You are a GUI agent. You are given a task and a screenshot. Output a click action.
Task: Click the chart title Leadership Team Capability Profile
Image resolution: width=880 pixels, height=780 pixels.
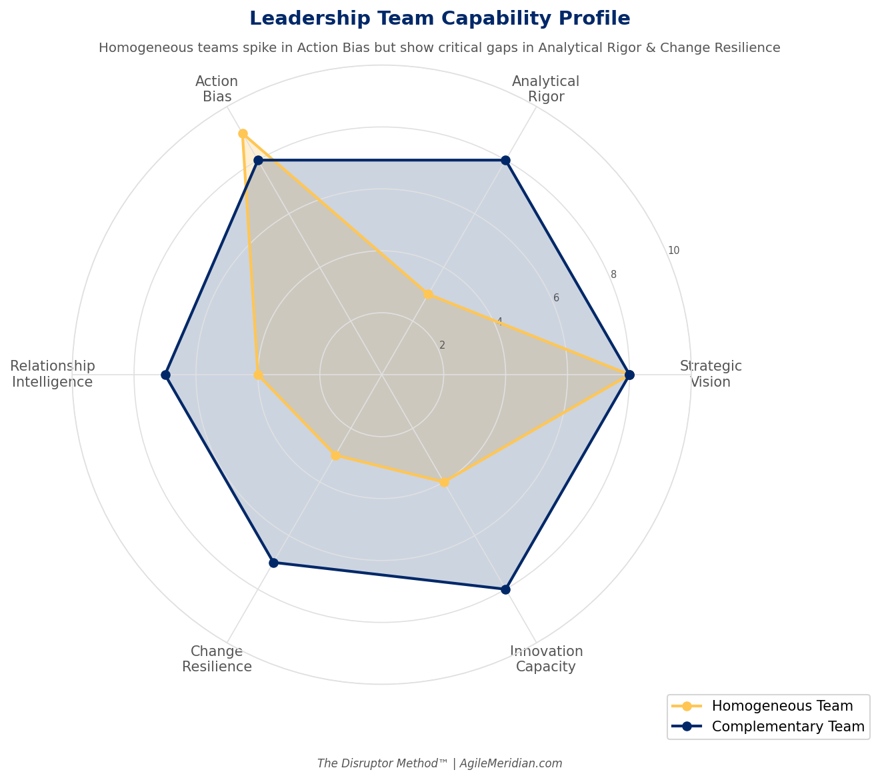click(439, 19)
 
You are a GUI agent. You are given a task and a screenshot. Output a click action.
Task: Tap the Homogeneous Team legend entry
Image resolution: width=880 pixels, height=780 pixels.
click(782, 706)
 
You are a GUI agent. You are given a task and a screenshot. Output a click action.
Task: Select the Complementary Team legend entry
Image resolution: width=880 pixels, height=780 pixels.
click(787, 727)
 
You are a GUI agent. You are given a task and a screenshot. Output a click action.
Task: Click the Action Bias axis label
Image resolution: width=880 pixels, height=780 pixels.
click(217, 89)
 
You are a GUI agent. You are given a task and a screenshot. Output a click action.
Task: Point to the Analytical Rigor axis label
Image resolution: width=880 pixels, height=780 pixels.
click(545, 89)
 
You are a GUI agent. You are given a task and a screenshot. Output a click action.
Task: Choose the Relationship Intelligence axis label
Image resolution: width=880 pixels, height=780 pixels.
click(53, 374)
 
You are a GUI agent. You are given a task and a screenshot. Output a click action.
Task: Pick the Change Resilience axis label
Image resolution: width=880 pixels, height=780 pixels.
click(217, 659)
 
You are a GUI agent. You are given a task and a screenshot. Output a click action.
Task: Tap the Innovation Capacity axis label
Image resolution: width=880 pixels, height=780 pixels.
click(546, 659)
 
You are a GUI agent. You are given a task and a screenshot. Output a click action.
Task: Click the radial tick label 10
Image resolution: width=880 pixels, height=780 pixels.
click(673, 251)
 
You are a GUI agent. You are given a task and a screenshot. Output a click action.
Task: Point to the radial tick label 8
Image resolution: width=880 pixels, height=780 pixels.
click(613, 275)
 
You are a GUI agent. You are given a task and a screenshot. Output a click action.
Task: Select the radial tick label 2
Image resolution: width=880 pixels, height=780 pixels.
click(442, 345)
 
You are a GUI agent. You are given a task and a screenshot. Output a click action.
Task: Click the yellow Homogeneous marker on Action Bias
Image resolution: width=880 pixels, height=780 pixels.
click(243, 134)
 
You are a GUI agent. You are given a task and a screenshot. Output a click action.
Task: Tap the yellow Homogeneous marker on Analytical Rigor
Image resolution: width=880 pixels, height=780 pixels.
click(428, 294)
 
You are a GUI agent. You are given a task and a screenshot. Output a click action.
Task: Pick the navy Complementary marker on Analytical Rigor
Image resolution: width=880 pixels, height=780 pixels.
click(505, 160)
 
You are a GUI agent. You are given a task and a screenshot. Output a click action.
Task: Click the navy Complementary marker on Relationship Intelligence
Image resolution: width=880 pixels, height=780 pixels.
click(165, 375)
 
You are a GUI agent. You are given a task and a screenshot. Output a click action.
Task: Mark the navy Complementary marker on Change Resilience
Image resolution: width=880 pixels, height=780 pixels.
click(273, 563)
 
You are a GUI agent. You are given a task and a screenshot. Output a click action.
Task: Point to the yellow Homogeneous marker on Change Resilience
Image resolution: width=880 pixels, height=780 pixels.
click(335, 455)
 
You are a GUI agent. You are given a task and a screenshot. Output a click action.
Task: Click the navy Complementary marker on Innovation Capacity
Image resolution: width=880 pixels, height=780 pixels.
click(505, 589)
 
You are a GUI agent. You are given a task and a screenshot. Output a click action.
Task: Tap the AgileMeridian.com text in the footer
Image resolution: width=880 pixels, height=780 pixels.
click(511, 764)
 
